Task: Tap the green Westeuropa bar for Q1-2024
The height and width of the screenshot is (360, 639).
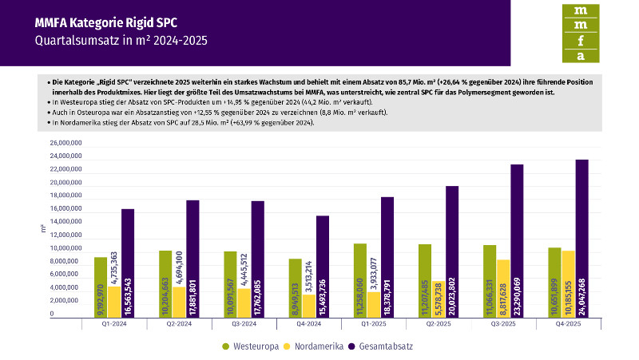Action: tap(101, 287)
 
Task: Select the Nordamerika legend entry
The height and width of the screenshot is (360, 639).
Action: tap(316, 346)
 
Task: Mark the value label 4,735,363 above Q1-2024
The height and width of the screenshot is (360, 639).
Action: tap(114, 267)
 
